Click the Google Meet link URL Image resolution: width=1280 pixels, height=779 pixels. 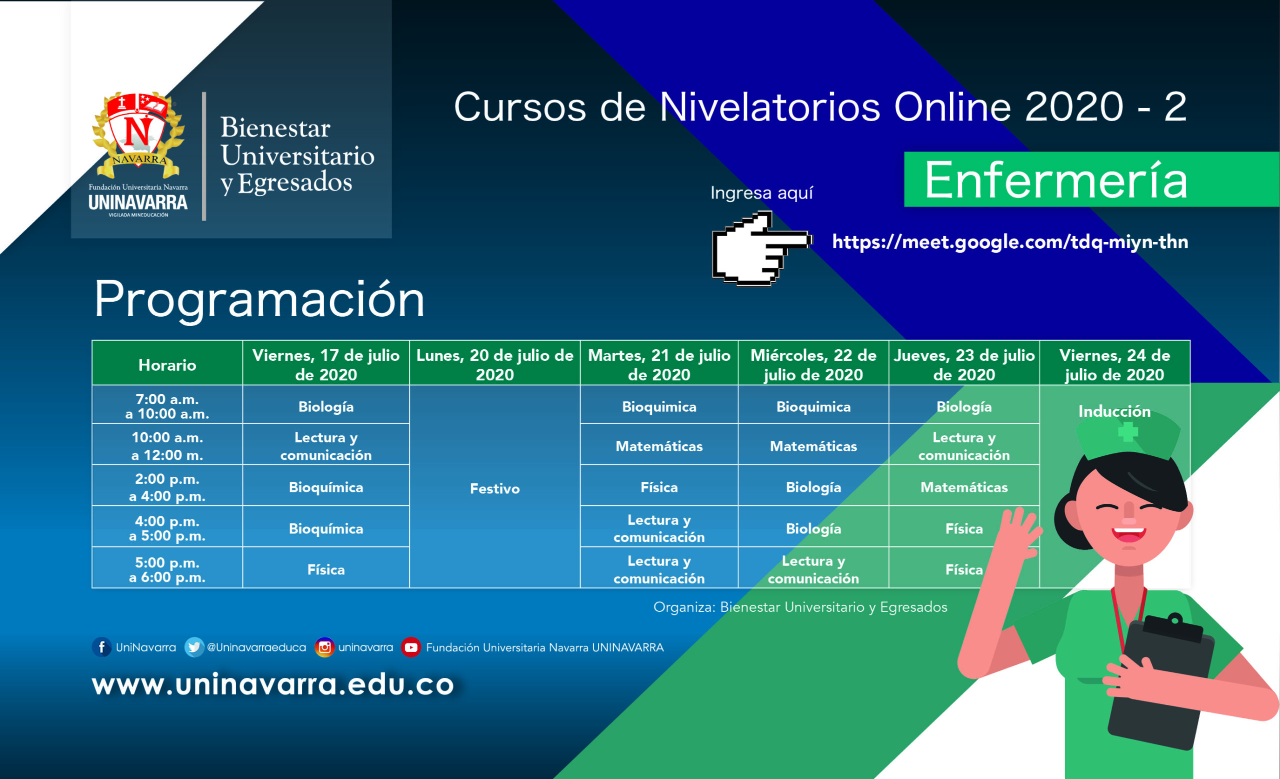point(1010,242)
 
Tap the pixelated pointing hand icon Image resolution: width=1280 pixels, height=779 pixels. point(761,248)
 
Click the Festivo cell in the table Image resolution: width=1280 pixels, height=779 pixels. point(494,488)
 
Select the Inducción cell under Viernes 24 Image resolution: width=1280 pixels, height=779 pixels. point(1114,411)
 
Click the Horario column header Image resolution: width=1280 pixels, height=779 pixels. point(167,365)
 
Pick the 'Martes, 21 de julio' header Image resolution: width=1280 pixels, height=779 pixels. point(658,364)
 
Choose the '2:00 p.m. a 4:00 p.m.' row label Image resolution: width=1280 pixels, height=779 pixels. point(167,487)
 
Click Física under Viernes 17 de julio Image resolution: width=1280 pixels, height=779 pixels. point(325,569)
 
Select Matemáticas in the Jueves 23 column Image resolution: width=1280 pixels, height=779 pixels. point(963,487)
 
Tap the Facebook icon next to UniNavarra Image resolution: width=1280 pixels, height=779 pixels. point(102,647)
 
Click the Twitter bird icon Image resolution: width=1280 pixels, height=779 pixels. point(194,647)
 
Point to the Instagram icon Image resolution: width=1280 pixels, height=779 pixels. point(324,647)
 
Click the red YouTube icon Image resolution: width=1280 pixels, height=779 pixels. point(411,647)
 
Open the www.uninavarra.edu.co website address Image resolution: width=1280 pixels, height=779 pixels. point(273,684)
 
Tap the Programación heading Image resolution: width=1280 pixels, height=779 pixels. point(259,300)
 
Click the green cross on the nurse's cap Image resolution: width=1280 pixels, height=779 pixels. point(1128,432)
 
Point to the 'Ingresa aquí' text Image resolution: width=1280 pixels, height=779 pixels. point(761,193)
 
